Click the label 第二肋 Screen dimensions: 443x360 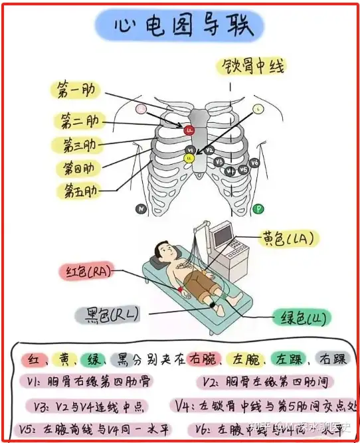coord(78,120)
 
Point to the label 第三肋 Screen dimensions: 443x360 coord(78,144)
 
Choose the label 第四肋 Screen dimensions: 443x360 coord(78,167)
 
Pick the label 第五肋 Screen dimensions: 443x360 coord(78,191)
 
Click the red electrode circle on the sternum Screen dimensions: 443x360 coord(189,130)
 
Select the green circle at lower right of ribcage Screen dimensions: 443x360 coord(258,209)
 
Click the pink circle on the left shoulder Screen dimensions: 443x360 coord(141,108)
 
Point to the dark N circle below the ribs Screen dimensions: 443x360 coord(141,209)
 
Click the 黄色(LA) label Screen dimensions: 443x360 coord(288,238)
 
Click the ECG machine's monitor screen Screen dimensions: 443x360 coord(222,233)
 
